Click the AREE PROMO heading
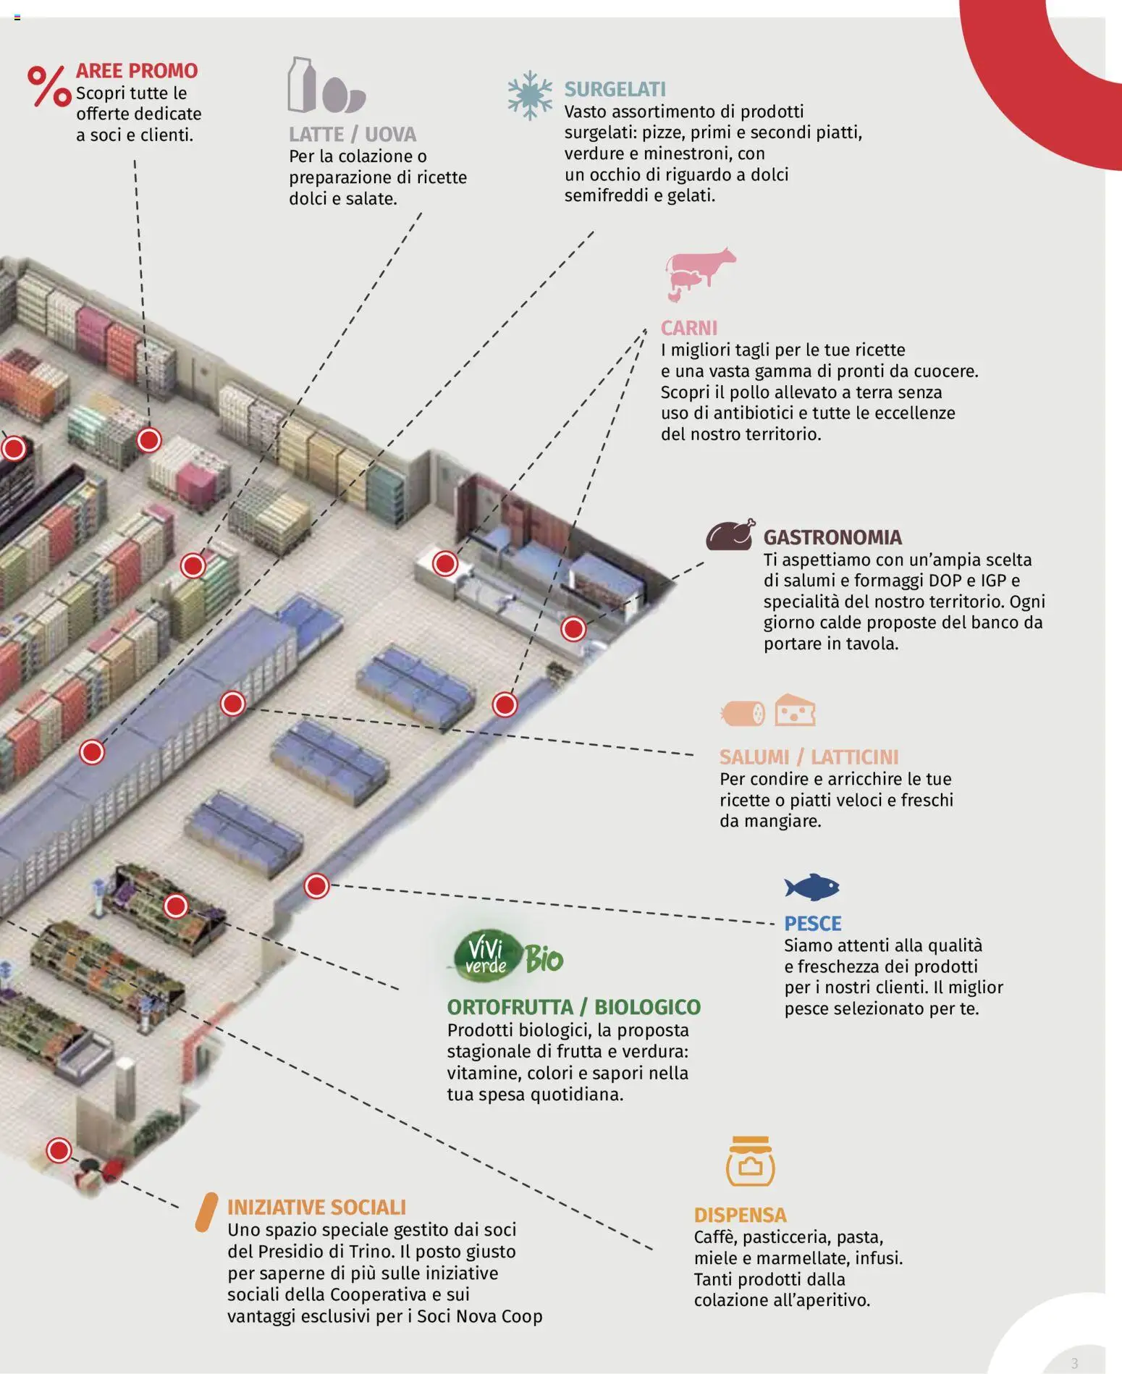137,71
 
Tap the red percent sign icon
49,86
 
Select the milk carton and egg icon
326,86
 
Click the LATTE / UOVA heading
353,135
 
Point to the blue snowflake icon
530,95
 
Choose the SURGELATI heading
615,90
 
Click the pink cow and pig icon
699,274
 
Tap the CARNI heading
688,329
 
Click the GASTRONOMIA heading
832,538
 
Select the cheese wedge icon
795,711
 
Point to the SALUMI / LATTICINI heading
809,757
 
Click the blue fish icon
811,887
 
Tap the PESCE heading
813,924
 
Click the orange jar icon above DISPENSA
750,1161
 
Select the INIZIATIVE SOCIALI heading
316,1207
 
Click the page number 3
1074,1363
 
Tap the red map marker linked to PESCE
316,885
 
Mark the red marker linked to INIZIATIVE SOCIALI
59,1150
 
